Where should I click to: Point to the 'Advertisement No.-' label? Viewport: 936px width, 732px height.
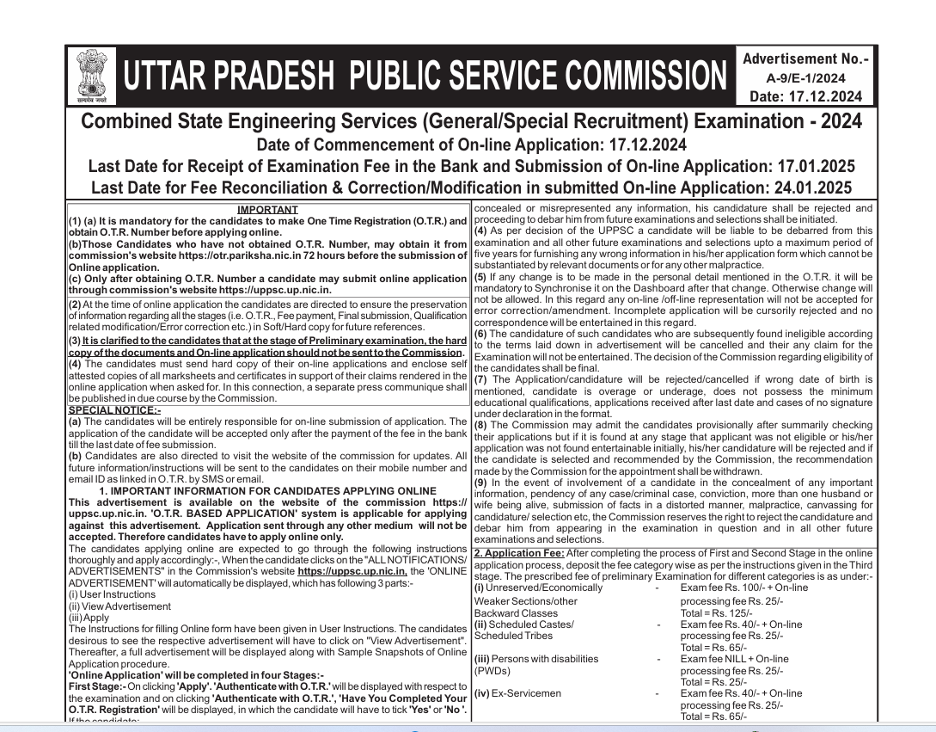point(805,59)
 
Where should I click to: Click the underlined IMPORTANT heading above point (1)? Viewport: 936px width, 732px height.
point(267,209)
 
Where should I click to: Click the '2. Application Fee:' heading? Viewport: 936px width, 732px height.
point(519,552)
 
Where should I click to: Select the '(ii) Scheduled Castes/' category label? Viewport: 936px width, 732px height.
point(523,624)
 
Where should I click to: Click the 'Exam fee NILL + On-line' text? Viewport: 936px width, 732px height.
point(735,659)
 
